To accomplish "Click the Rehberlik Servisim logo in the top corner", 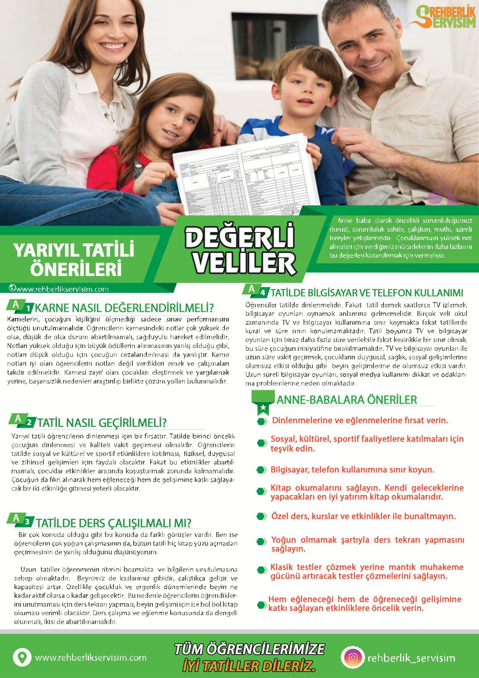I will click(x=442, y=17).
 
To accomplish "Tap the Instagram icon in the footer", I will click(x=353, y=657).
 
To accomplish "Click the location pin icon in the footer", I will click(x=22, y=657).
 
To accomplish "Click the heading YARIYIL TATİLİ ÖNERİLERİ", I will click(x=74, y=259).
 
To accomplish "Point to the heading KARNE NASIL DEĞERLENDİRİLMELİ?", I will click(x=124, y=308).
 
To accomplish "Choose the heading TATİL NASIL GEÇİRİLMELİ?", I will click(x=102, y=423).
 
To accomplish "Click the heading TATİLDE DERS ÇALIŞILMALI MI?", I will click(x=114, y=523).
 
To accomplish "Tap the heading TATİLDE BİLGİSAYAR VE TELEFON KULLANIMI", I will click(x=366, y=293).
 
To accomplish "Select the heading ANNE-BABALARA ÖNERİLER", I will click(x=347, y=400).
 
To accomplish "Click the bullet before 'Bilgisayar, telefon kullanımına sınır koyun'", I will click(x=262, y=470).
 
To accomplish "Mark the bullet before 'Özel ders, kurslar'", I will click(x=262, y=516).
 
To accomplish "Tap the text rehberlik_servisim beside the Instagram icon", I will click(x=411, y=658).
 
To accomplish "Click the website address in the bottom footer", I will click(x=91, y=657).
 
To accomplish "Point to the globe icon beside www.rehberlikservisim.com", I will click(x=12, y=288).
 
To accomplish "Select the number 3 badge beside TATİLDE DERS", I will click(x=27, y=522).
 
